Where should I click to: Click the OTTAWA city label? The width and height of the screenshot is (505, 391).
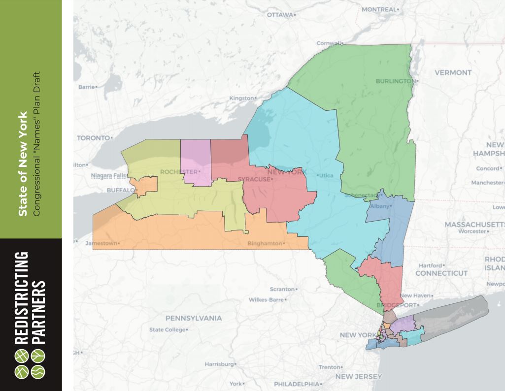click(x=280, y=14)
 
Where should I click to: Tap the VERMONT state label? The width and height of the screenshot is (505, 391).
click(x=453, y=72)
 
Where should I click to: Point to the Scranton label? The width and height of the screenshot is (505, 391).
click(x=282, y=289)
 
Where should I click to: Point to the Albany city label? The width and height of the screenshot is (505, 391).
click(x=381, y=206)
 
